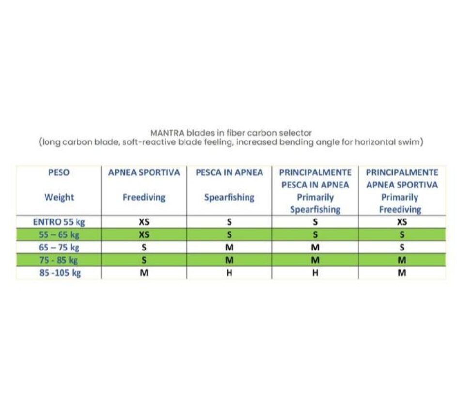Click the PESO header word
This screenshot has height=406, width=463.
click(59, 172)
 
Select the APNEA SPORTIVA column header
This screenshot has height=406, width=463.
click(144, 172)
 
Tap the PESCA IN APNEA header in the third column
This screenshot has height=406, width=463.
click(229, 172)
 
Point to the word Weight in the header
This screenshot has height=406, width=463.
click(59, 197)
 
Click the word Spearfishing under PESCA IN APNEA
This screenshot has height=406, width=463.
click(229, 197)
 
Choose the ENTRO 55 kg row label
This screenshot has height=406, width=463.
click(59, 222)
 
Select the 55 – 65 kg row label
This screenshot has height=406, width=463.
click(59, 235)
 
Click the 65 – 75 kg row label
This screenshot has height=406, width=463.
click(59, 248)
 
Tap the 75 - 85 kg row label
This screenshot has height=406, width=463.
click(59, 260)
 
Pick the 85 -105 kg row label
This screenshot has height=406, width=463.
click(59, 273)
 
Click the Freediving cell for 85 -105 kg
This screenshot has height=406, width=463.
click(144, 273)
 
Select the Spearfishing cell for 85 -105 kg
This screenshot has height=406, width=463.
click(229, 273)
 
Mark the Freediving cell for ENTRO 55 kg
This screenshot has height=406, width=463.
click(144, 222)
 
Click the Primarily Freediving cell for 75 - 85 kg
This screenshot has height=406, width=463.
click(401, 260)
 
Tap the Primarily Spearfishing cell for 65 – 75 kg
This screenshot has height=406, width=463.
click(315, 248)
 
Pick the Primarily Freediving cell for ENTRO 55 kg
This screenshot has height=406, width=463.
click(401, 222)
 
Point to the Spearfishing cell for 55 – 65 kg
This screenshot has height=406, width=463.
click(229, 235)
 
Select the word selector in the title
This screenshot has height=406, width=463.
click(296, 133)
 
